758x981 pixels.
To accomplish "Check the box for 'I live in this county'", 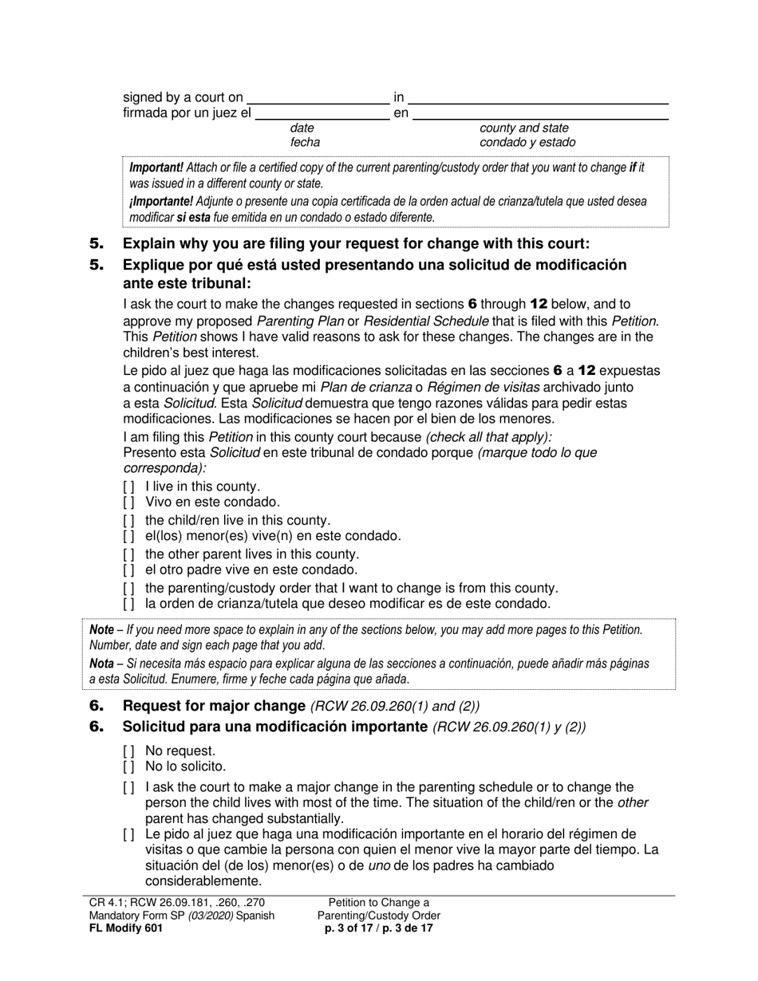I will click(128, 486).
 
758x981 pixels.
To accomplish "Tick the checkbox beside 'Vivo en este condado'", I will click(128, 502).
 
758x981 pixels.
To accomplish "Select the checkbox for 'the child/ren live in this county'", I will click(128, 520).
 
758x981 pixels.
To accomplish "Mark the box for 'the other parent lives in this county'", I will click(128, 554).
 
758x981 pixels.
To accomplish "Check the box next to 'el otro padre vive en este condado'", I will click(128, 570).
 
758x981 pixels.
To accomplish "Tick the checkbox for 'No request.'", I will click(128, 751).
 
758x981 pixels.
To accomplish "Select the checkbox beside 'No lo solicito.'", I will click(128, 767).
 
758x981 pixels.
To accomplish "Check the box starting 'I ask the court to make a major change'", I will click(128, 788).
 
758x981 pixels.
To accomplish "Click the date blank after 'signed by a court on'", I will click(319, 98).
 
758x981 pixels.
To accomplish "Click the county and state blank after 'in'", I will click(539, 98).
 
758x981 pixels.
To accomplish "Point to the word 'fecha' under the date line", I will click(305, 143).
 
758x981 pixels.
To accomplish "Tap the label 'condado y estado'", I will click(527, 143).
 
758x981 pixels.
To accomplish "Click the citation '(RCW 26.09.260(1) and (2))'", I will click(395, 705).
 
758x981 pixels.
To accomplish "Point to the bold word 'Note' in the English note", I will click(101, 630).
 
